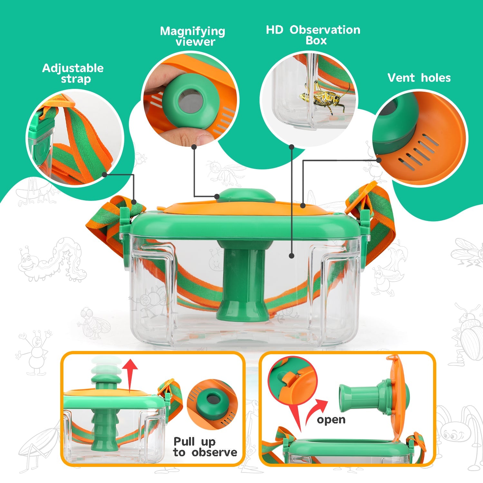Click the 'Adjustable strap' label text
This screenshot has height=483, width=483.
[73, 73]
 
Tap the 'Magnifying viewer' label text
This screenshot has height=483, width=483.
[193, 36]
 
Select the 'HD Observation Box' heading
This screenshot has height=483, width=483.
[313, 35]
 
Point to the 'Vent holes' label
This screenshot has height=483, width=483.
[419, 78]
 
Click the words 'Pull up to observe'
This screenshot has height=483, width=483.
[205, 447]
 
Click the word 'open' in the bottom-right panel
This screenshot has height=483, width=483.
[331, 420]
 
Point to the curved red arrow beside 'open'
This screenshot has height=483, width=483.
[316, 411]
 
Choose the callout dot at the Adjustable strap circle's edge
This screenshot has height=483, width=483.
[104, 175]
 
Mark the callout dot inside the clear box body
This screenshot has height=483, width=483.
[291, 256]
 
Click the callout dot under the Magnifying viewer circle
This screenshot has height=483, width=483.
[194, 147]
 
